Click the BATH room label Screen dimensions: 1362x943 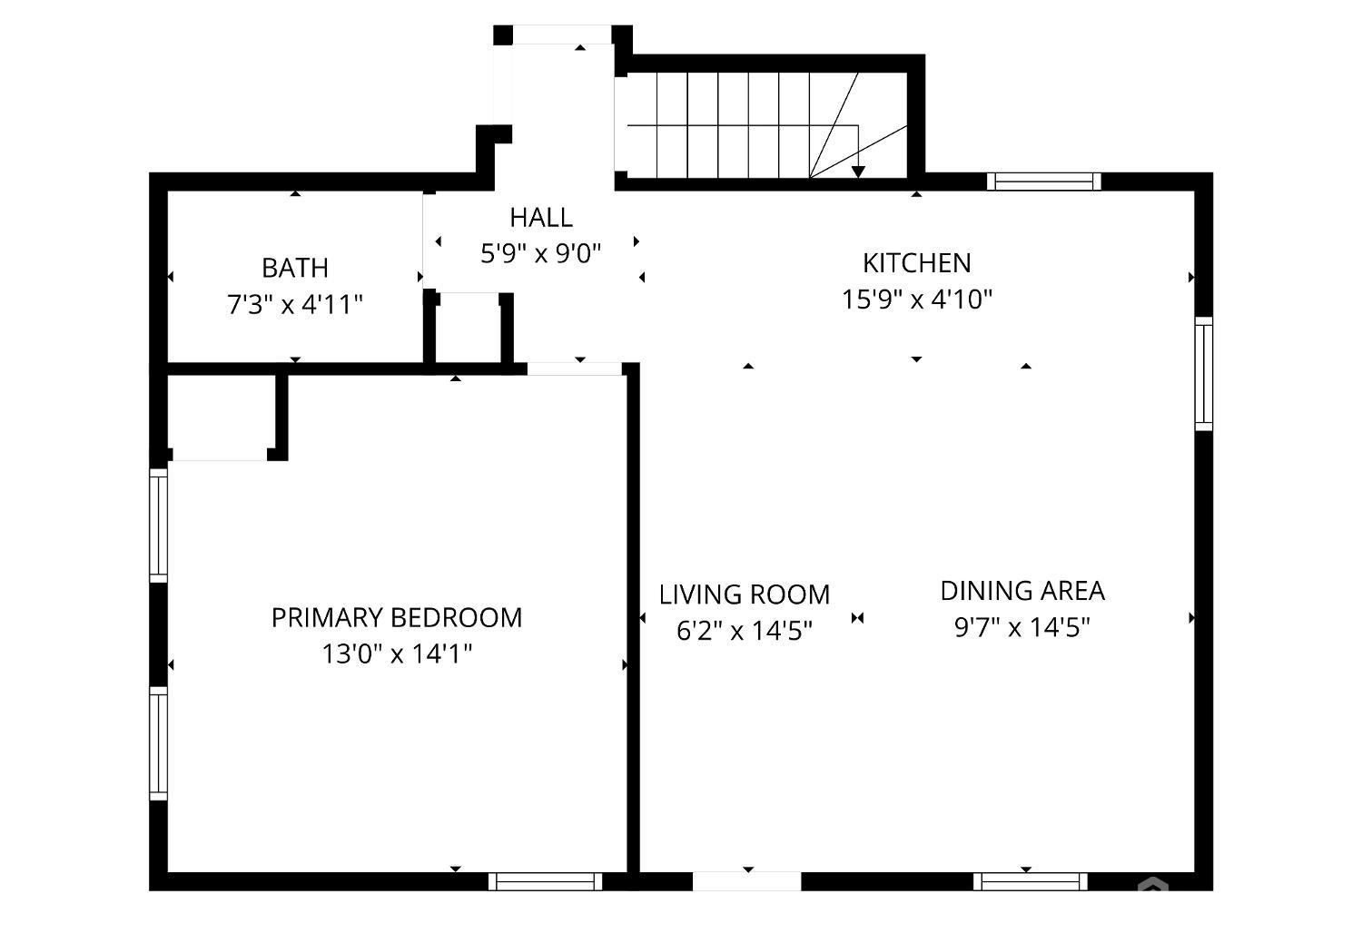[295, 268]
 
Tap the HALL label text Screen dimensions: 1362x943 [541, 218]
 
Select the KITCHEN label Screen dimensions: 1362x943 [917, 263]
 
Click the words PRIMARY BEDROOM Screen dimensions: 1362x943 [397, 618]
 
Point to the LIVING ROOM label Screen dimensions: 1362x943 [745, 594]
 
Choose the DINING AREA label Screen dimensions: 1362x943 [1022, 591]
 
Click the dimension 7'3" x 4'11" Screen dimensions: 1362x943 [295, 304]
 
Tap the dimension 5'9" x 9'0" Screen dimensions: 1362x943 [541, 253]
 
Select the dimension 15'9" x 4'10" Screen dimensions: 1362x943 [917, 300]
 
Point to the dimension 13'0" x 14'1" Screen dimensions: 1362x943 [397, 654]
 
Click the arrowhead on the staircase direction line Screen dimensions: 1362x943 [858, 172]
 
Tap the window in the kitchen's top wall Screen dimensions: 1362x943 [1043, 182]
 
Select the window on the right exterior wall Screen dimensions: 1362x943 [1204, 374]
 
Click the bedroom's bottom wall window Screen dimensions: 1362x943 [546, 881]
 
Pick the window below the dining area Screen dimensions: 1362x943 [1030, 881]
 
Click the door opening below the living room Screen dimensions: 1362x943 [746, 881]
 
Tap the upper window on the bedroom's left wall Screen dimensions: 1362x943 [158, 526]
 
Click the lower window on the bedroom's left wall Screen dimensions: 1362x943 [158, 743]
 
